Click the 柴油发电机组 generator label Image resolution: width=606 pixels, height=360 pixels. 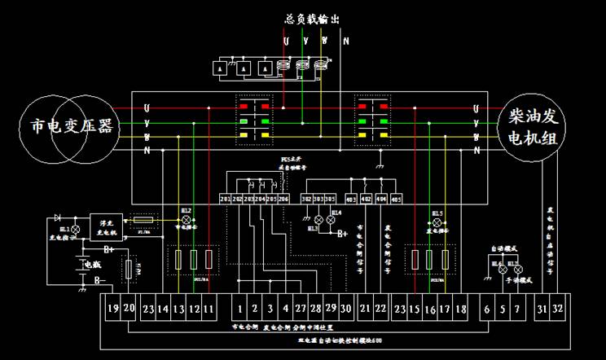[529, 128]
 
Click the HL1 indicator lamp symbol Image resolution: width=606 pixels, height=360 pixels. [77, 230]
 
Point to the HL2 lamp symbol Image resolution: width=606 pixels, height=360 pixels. [185, 220]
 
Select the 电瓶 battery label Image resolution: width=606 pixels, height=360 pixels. [91, 265]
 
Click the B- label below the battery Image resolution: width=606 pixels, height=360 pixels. [100, 281]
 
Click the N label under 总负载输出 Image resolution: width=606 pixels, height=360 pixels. [346, 39]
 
